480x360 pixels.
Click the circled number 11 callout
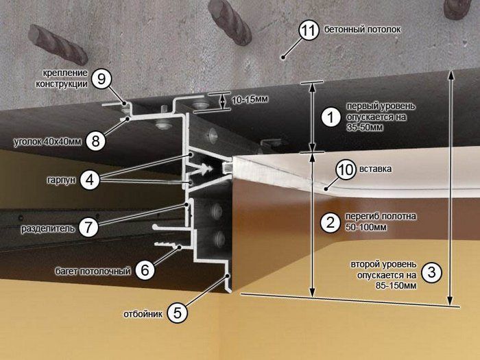tap(309, 30)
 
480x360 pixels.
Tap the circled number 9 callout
tap(101, 79)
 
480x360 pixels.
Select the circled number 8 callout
tap(96, 141)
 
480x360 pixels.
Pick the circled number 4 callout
tap(90, 180)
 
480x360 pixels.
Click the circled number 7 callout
tap(88, 227)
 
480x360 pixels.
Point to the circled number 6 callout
tap(145, 270)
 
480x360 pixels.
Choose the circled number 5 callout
tap(178, 313)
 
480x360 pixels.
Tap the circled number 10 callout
tap(346, 169)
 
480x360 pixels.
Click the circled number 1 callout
tap(331, 117)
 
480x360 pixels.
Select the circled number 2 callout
tap(331, 223)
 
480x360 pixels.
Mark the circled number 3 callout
tap(432, 272)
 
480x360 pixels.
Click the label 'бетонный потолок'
tap(363, 29)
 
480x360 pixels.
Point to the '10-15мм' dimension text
tap(250, 99)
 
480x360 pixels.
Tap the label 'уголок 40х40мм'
tap(48, 141)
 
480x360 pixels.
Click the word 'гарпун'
tap(61, 180)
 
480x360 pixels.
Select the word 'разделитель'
tap(48, 228)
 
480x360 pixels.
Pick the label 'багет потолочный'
tap(93, 272)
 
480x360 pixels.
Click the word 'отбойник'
tap(143, 314)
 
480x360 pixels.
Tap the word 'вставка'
tap(376, 169)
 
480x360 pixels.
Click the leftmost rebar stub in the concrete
tap(58, 45)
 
